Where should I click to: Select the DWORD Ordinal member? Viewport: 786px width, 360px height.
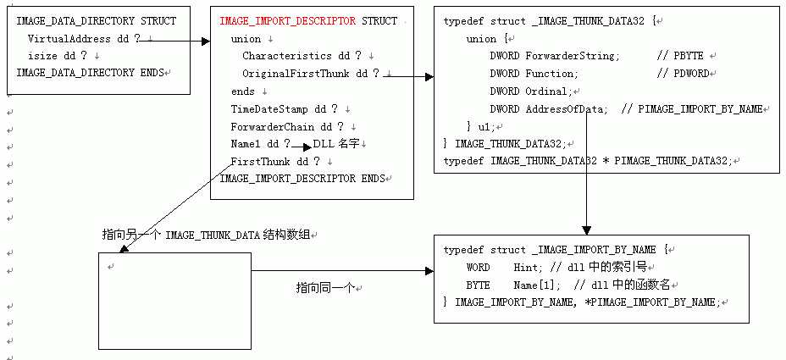(529, 91)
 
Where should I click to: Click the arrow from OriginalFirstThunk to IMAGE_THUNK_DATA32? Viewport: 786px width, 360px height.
(410, 76)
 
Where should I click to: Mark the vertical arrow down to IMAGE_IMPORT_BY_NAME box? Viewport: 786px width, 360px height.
(584, 203)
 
